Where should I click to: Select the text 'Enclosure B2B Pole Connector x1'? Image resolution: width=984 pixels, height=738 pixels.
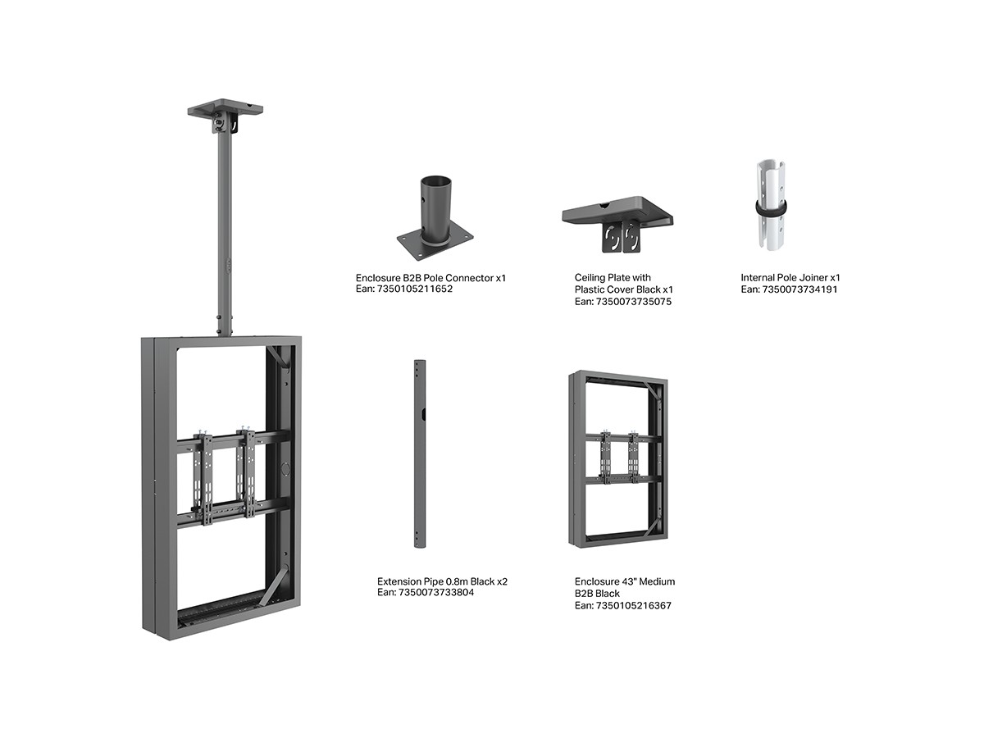point(430,278)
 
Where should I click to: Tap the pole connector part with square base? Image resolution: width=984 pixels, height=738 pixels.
point(435,221)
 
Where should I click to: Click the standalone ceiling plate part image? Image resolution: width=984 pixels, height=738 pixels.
point(617,220)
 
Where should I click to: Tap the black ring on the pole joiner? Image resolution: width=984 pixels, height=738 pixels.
point(770,208)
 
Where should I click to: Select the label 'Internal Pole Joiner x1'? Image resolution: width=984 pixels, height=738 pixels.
point(790,278)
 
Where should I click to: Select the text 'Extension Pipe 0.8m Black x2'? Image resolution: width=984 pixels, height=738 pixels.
point(442,581)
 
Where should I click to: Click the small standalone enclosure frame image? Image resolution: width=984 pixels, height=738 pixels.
point(617,459)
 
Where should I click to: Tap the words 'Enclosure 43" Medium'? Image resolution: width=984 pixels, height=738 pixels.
point(625,581)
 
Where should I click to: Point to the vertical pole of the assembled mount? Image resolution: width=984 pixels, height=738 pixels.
point(224,230)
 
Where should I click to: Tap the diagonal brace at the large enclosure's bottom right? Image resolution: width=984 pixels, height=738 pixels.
point(276,587)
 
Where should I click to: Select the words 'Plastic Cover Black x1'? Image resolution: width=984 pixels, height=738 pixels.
point(624,289)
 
